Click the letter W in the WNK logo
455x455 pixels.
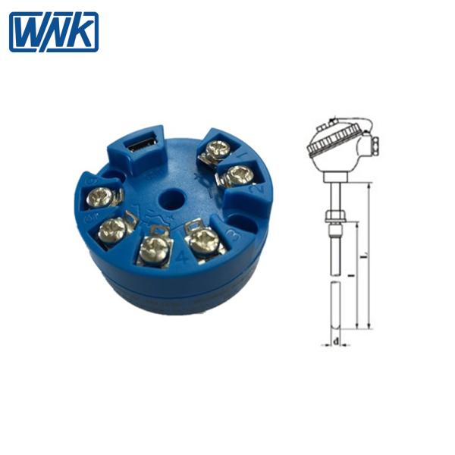[x=28, y=32]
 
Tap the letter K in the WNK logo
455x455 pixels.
[x=82, y=32]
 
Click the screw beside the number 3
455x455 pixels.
[x=204, y=240]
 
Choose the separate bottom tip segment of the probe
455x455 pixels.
[x=334, y=303]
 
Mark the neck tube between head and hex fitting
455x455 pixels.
[x=334, y=190]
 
